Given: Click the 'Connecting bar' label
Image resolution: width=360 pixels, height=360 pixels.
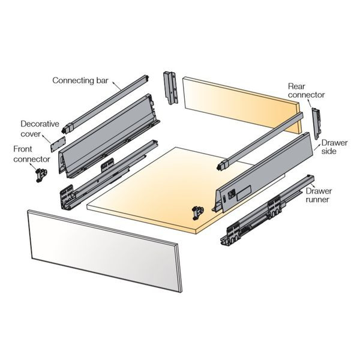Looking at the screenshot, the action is pyautogui.click(x=80, y=80).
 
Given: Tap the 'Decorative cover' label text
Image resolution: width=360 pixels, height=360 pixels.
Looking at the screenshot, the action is pyautogui.click(x=40, y=129).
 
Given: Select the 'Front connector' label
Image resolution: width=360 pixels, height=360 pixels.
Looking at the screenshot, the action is pyautogui.click(x=31, y=154).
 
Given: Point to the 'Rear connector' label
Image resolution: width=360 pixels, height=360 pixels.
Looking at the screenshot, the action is pyautogui.click(x=306, y=91).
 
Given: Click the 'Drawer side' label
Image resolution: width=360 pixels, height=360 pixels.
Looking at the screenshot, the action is pyautogui.click(x=334, y=147).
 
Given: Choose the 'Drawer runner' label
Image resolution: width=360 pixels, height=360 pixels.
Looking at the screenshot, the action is pyautogui.click(x=319, y=195).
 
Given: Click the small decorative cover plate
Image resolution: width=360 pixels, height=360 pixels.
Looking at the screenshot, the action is pyautogui.click(x=58, y=144).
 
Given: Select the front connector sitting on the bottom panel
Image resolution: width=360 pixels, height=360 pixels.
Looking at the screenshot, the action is pyautogui.click(x=198, y=213).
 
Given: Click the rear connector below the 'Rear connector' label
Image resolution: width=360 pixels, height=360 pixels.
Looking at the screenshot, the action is pyautogui.click(x=316, y=123).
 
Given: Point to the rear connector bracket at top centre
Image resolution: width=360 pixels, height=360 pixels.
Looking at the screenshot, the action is pyautogui.click(x=170, y=88).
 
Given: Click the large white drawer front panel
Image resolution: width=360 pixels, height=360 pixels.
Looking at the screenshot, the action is pyautogui.click(x=104, y=250).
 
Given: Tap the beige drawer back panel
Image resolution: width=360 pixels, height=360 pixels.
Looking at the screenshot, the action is pyautogui.click(x=241, y=104).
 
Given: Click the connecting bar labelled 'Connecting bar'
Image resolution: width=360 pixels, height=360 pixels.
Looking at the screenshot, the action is pyautogui.click(x=106, y=104).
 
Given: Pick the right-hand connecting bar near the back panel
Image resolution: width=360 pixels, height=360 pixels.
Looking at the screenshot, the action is pyautogui.click(x=260, y=141).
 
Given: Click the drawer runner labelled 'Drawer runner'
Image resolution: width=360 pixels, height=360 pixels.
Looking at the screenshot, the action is pyautogui.click(x=267, y=211).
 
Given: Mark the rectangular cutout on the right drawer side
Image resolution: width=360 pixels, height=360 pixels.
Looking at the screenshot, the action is pyautogui.click(x=244, y=193).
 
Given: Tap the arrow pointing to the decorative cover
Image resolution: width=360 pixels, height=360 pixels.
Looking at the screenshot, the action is pyautogui.click(x=47, y=139).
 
